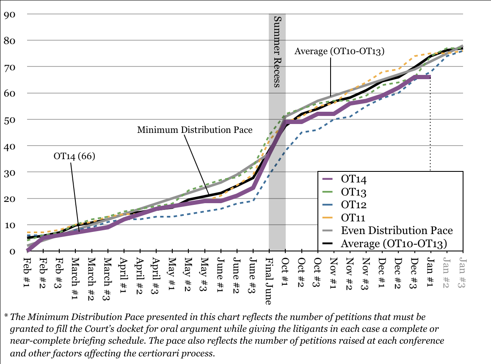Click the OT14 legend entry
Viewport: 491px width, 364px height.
(353, 179)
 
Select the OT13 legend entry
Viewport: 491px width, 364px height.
(353, 192)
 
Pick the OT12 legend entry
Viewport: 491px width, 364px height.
(353, 204)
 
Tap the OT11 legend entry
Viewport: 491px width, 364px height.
(353, 218)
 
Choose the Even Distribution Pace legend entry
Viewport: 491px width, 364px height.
(397, 230)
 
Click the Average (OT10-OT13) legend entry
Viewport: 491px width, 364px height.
(394, 243)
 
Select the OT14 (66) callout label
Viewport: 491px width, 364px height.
(74, 156)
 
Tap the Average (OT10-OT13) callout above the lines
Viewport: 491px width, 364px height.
(339, 52)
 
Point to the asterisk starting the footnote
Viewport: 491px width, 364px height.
(6, 317)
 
